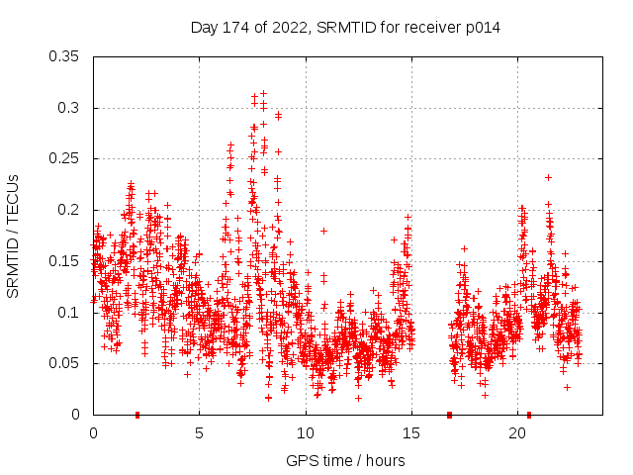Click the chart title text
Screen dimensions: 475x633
(x=345, y=28)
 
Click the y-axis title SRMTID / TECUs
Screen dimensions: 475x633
(x=14, y=236)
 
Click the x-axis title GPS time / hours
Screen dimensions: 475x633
(x=345, y=460)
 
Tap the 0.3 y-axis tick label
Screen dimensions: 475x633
(x=69, y=108)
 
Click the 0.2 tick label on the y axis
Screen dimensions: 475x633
(x=69, y=210)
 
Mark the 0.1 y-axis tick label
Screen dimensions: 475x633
(x=69, y=312)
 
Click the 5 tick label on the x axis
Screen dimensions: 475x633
(x=199, y=433)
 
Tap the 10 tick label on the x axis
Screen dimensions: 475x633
(x=305, y=433)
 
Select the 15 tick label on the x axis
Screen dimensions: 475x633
(x=410, y=433)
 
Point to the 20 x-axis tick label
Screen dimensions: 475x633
(x=516, y=433)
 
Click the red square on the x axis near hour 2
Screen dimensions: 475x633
(x=137, y=415)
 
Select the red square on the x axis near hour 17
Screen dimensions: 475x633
(x=449, y=415)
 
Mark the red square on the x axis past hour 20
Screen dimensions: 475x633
(x=529, y=415)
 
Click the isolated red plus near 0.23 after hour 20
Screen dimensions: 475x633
(x=548, y=178)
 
